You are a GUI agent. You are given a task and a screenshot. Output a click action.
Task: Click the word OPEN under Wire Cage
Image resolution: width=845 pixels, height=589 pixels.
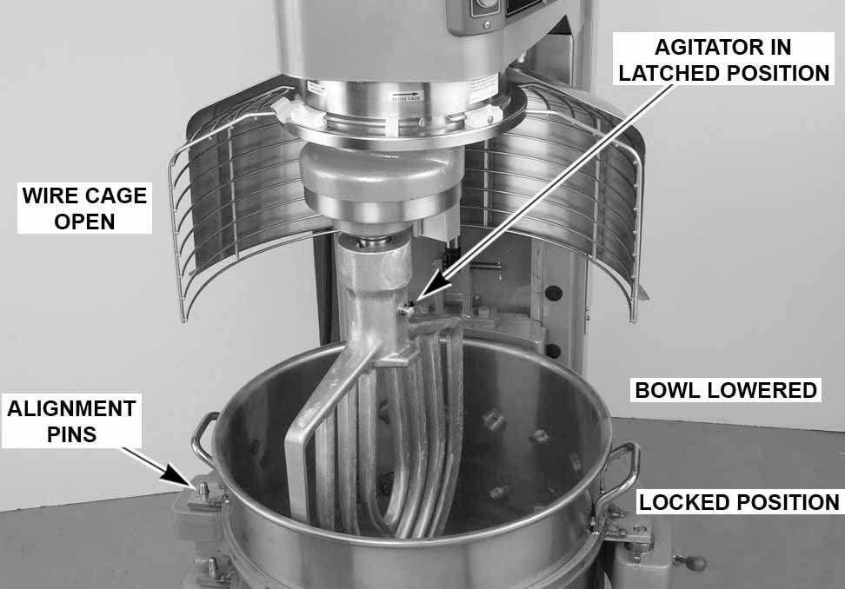pos(84,222)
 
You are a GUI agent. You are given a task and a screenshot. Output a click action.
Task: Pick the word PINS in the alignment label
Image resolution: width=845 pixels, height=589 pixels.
pos(70,433)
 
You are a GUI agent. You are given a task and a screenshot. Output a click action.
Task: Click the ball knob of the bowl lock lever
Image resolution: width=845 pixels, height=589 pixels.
pos(695,562)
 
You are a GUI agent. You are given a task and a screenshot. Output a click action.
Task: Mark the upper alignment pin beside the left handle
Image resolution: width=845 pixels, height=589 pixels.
pos(203,491)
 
